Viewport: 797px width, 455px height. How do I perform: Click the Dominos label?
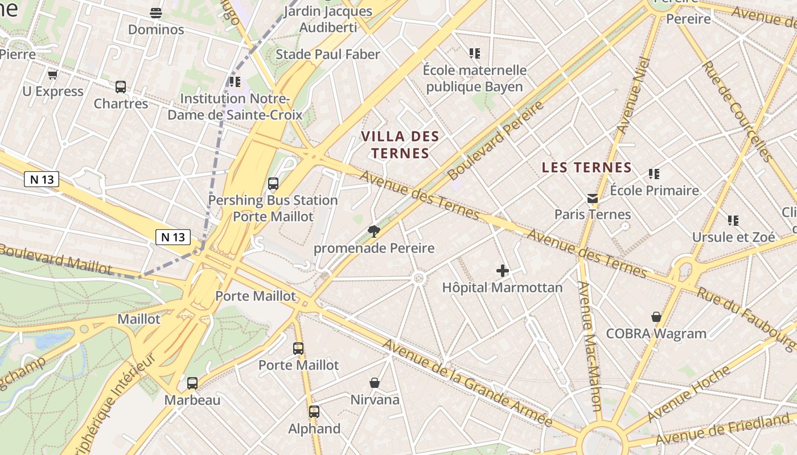[156, 30]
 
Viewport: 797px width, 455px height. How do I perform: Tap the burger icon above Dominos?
[156, 13]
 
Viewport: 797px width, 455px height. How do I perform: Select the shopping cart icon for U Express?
[53, 75]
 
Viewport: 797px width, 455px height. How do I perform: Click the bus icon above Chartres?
[121, 87]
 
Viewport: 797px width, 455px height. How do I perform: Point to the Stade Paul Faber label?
[327, 55]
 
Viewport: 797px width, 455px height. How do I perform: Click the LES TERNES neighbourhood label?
[586, 167]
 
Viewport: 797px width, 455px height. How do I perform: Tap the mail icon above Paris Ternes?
[593, 198]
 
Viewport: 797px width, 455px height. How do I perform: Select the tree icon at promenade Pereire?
[374, 231]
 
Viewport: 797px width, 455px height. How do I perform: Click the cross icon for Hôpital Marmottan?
[502, 271]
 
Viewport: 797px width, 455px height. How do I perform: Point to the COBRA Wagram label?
[656, 334]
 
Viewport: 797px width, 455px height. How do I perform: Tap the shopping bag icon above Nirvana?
[375, 383]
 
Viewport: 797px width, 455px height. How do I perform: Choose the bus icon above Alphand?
[314, 412]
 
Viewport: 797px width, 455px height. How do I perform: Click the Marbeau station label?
[192, 400]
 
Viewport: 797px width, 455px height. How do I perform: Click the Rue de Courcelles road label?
[737, 111]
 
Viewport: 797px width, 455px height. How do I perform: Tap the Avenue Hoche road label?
[688, 394]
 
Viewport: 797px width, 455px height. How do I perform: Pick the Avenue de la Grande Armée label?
[467, 383]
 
